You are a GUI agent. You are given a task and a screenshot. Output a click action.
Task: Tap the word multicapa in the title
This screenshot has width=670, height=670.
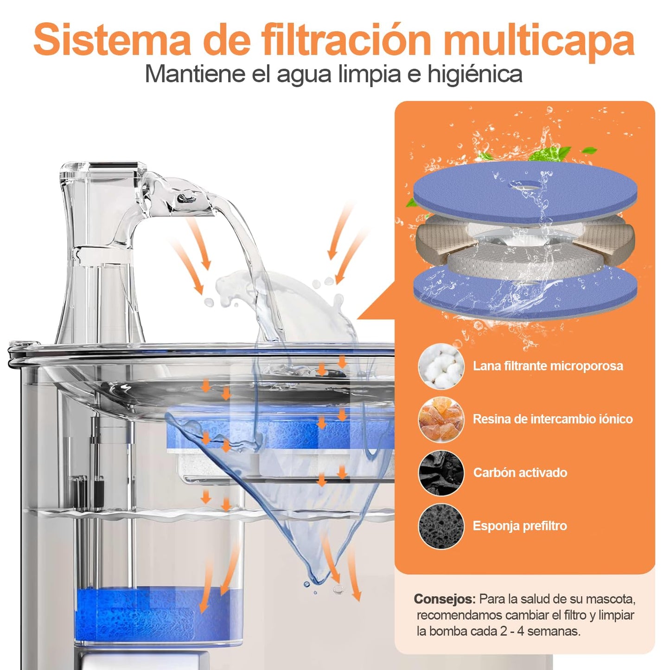(x=539, y=44)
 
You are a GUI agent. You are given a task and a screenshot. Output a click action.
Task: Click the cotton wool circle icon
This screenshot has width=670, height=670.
(x=441, y=366)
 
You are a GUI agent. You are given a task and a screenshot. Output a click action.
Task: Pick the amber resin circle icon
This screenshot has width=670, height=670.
(x=441, y=419)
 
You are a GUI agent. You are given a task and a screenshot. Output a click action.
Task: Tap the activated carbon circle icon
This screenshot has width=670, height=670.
(x=441, y=472)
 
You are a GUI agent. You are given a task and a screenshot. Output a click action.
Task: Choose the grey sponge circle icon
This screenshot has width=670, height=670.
(x=441, y=526)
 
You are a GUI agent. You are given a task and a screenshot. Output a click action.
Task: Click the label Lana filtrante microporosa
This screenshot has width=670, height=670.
(x=548, y=366)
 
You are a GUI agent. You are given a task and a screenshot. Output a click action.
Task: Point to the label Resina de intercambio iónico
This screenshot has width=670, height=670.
(x=553, y=419)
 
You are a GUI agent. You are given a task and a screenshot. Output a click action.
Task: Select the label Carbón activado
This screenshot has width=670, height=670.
(x=520, y=472)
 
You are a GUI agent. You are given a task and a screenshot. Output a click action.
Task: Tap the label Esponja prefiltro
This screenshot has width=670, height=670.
(x=520, y=526)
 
